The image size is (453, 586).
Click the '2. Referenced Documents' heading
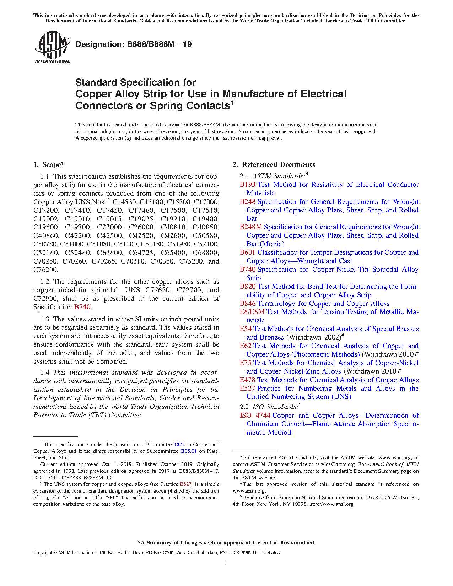[274, 164]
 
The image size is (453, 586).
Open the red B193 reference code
[247, 185]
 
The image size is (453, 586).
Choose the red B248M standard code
[250, 227]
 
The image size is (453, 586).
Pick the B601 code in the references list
[247, 253]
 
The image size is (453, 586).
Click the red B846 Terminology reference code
[247, 304]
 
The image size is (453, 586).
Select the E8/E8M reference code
[252, 312]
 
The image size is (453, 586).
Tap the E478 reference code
[247, 380]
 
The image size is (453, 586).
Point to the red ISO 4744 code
[255, 416]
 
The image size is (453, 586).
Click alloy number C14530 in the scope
[124, 202]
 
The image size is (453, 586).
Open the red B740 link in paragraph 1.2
[82, 307]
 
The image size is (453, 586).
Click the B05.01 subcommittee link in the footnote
[189, 451]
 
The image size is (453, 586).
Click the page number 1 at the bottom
[226, 563]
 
